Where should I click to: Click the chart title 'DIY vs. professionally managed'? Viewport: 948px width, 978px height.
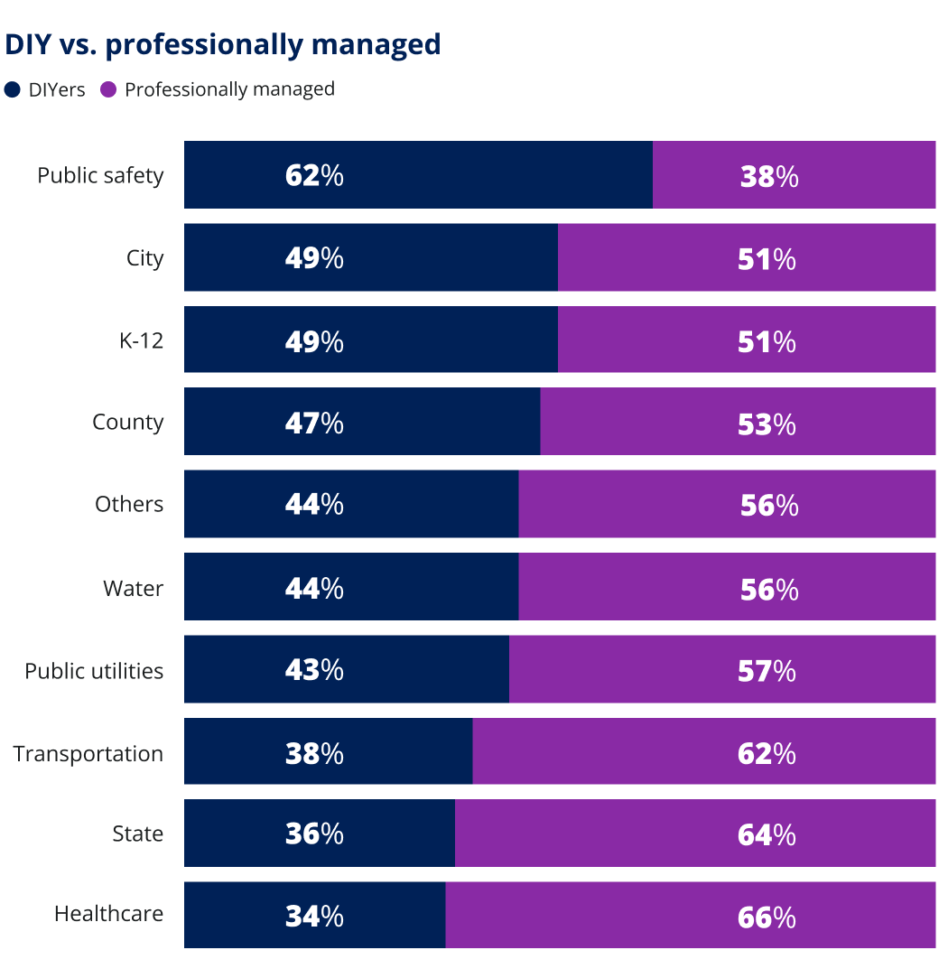coord(223,44)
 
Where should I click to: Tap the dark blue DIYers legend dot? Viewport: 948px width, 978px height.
coord(13,89)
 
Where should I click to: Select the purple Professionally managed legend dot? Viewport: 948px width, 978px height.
coord(108,89)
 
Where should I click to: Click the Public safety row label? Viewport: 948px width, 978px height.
coord(100,175)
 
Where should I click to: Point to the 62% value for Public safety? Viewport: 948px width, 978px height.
coord(314,175)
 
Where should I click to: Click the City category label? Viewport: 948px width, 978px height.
coord(144,258)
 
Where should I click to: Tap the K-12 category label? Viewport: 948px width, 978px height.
coord(142,340)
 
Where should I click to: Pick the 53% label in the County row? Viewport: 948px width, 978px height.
coord(767,424)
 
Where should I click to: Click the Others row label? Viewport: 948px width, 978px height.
coord(129,504)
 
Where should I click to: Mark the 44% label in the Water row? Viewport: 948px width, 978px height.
coord(314,589)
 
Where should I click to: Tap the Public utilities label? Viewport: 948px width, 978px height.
coord(94,671)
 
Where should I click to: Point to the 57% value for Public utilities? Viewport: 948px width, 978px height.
coord(767,671)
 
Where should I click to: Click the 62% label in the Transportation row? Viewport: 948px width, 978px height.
coord(767,753)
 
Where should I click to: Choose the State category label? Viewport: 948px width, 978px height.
coord(137,834)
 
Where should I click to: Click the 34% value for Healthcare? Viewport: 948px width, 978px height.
coord(314,917)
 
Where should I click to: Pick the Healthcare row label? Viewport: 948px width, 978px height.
coord(108,914)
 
